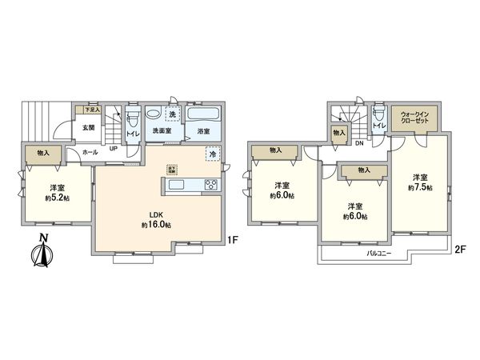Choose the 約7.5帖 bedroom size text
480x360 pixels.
pyautogui.click(x=419, y=187)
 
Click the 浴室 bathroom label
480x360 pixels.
pyautogui.click(x=203, y=131)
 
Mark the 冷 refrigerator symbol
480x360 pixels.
pyautogui.click(x=213, y=154)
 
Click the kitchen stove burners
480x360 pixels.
pyautogui.click(x=210, y=186)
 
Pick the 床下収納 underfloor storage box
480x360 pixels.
pyautogui.click(x=171, y=170)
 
